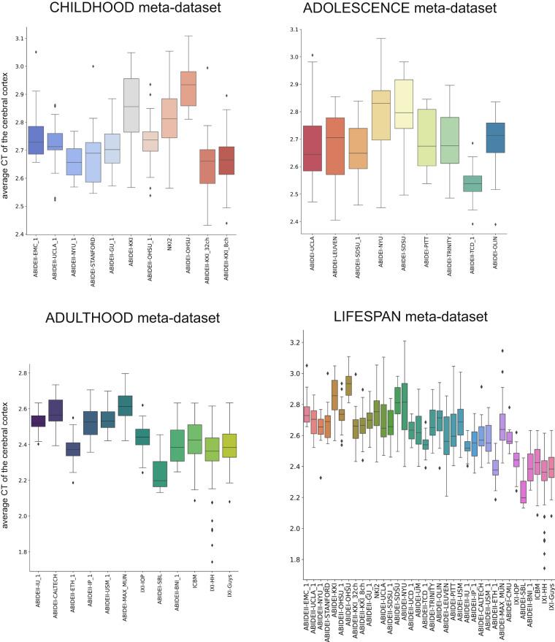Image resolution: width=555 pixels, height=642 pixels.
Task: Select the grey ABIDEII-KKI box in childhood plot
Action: tap(131, 105)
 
